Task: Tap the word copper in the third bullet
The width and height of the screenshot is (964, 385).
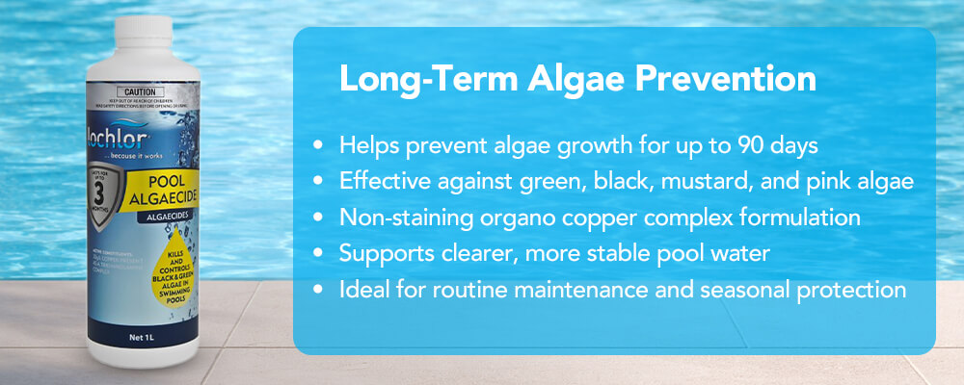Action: [595, 218]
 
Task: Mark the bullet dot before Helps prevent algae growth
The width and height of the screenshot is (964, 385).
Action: [318, 146]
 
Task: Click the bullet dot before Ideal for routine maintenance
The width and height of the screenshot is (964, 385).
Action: [318, 291]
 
